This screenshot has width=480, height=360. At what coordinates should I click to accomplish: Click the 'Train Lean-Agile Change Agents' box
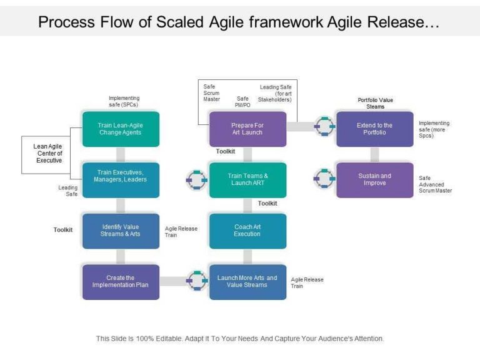coord(121,129)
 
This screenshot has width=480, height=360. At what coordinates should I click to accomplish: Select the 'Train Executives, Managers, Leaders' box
coord(121,180)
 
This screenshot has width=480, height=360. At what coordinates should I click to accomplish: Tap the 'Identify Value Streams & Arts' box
coord(121,231)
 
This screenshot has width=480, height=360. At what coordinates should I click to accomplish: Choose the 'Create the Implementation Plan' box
coord(121,282)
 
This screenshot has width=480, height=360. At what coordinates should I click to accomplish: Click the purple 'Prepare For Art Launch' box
coord(247,129)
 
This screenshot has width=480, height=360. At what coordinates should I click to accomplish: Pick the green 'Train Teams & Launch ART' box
coord(247,180)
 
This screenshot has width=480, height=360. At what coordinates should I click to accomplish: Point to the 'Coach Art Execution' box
coord(247,231)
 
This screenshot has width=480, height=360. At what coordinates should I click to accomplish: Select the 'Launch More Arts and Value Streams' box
coord(247,282)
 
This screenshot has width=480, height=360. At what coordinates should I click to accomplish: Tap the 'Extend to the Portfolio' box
coord(374,129)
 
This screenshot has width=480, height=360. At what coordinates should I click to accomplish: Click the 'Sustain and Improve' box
coord(374,180)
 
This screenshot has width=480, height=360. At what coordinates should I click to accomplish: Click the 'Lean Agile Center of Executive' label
coord(47,153)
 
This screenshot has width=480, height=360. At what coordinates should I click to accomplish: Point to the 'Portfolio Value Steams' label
coord(375,103)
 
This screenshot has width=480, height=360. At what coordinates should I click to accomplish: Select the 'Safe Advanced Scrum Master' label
coord(435,184)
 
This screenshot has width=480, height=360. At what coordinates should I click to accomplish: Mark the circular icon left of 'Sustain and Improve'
coord(324,179)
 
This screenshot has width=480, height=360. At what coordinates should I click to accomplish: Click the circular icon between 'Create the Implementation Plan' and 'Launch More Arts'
coord(197,281)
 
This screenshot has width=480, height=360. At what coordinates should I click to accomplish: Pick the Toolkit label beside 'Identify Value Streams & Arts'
coord(62,230)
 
